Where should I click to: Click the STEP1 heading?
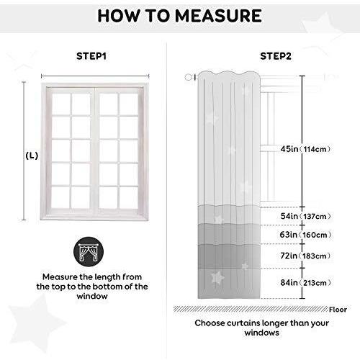(91, 56)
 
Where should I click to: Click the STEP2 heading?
(276, 56)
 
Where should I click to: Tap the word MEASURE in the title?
(218, 16)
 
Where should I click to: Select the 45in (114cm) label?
(305, 149)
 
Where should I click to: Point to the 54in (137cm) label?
(305, 216)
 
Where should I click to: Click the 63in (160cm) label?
(305, 235)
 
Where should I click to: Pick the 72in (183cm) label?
(305, 256)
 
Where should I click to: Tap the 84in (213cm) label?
(305, 283)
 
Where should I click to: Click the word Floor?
(338, 310)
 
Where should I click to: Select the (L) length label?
(32, 156)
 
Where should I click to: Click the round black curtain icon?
(89, 252)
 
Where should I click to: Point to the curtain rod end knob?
(189, 77)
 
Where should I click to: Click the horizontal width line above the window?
(95, 76)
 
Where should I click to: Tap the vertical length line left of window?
(24, 150)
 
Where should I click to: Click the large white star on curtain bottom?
(217, 277)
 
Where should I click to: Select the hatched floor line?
(251, 309)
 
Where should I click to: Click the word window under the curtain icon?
(92, 296)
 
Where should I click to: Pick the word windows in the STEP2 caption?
(262, 333)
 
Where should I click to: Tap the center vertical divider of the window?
(95, 151)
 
